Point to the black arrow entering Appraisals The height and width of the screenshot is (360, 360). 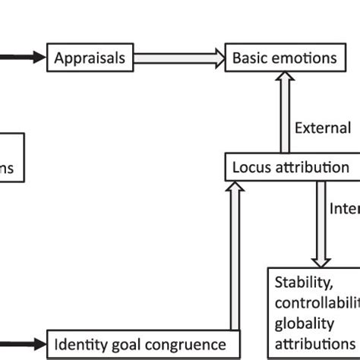[x=23, y=57]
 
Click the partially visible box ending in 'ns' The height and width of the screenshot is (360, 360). [x=11, y=158]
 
